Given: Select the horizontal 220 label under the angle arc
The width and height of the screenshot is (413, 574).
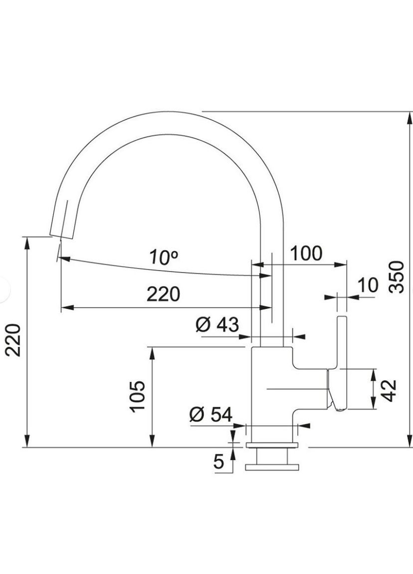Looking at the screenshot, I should (x=163, y=294).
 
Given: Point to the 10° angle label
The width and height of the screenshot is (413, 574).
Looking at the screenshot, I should (x=164, y=258).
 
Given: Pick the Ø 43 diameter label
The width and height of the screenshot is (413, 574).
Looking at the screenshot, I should (x=217, y=325).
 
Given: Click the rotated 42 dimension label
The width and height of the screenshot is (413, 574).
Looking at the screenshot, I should (x=390, y=390).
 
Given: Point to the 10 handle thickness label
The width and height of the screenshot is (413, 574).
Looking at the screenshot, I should (x=369, y=285).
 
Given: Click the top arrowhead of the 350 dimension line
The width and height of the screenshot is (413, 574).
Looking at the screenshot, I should (x=410, y=117).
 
